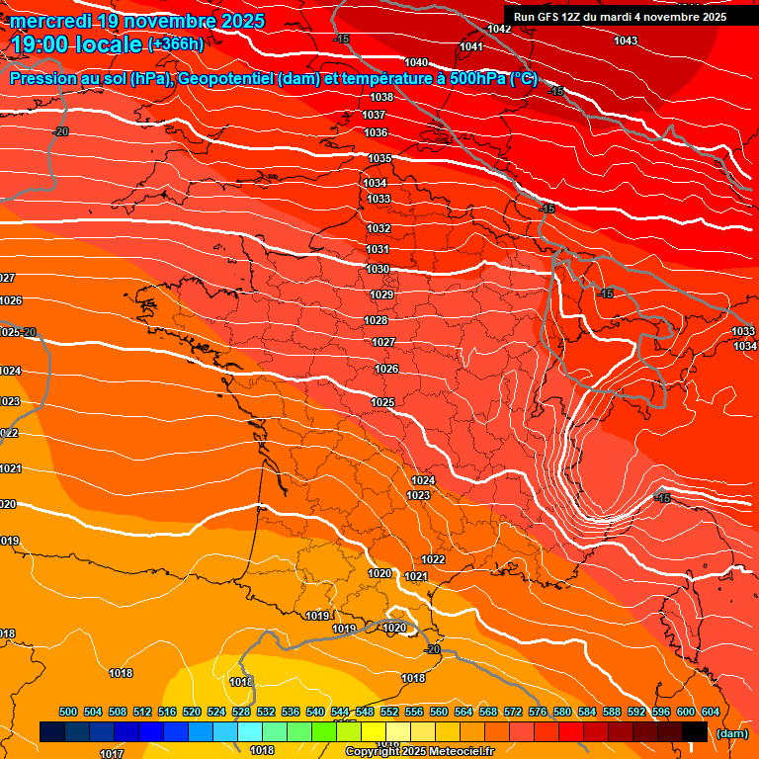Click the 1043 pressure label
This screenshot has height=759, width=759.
pos(626,41)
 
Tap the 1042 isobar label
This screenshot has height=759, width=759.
pos(499,29)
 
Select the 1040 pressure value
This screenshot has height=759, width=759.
pos(416,62)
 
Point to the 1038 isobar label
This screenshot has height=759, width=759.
pos(382,97)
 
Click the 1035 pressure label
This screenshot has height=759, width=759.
pos(379,159)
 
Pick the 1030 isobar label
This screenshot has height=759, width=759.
pos(378,269)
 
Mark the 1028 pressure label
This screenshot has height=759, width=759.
pos(376,320)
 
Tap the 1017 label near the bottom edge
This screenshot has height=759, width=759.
pos(112,753)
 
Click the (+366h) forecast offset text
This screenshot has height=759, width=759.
pos(176,44)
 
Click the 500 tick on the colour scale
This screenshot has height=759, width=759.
pos(68,712)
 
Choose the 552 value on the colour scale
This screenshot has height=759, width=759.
pos(389,712)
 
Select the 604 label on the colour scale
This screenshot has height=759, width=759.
pos(711,712)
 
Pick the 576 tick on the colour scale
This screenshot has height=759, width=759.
pos(538,712)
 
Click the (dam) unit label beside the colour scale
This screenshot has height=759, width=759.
pos(732,733)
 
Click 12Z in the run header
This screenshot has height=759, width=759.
pos(575,17)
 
